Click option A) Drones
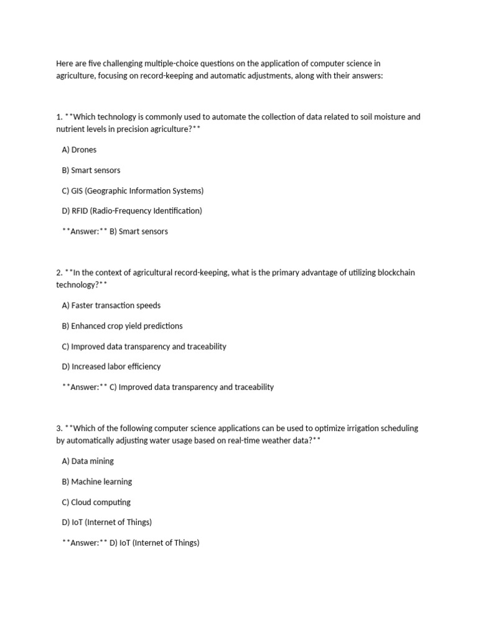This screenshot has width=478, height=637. point(79,150)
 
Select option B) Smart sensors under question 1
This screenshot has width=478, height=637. point(91,170)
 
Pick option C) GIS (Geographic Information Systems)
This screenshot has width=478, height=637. point(133,191)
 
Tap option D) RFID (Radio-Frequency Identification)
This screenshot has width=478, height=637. point(132,211)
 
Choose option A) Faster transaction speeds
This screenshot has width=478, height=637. point(111,305)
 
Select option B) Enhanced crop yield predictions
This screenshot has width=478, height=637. point(122,326)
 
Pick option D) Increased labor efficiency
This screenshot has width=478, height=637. point(111,366)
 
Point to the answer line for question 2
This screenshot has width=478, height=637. point(167,387)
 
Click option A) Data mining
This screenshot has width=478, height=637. point(88,462)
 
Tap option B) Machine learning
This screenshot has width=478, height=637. point(96,481)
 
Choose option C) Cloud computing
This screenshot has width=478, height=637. point(96,502)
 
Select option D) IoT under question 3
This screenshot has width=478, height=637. point(106,522)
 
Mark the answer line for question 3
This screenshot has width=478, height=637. point(131,543)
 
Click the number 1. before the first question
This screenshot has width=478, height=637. point(59,117)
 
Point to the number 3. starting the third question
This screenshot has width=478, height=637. point(59,429)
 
